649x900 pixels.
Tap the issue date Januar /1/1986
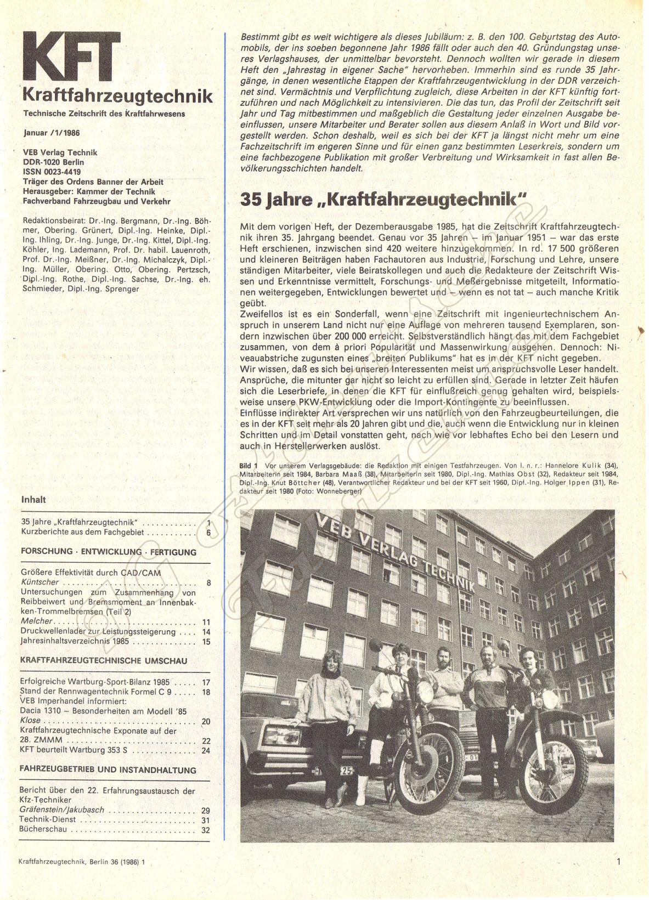(x=52, y=132)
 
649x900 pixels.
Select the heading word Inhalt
(x=33, y=500)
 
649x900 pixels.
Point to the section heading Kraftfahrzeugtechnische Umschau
(x=104, y=661)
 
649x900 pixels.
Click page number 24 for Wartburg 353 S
(x=206, y=751)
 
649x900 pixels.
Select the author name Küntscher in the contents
(x=39, y=582)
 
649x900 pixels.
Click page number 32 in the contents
(x=206, y=830)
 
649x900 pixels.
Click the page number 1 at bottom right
(x=619, y=862)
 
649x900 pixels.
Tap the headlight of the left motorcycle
(x=426, y=692)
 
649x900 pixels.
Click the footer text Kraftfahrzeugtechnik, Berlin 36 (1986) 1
(x=82, y=863)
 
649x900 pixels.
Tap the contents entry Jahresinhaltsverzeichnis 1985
(x=75, y=641)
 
